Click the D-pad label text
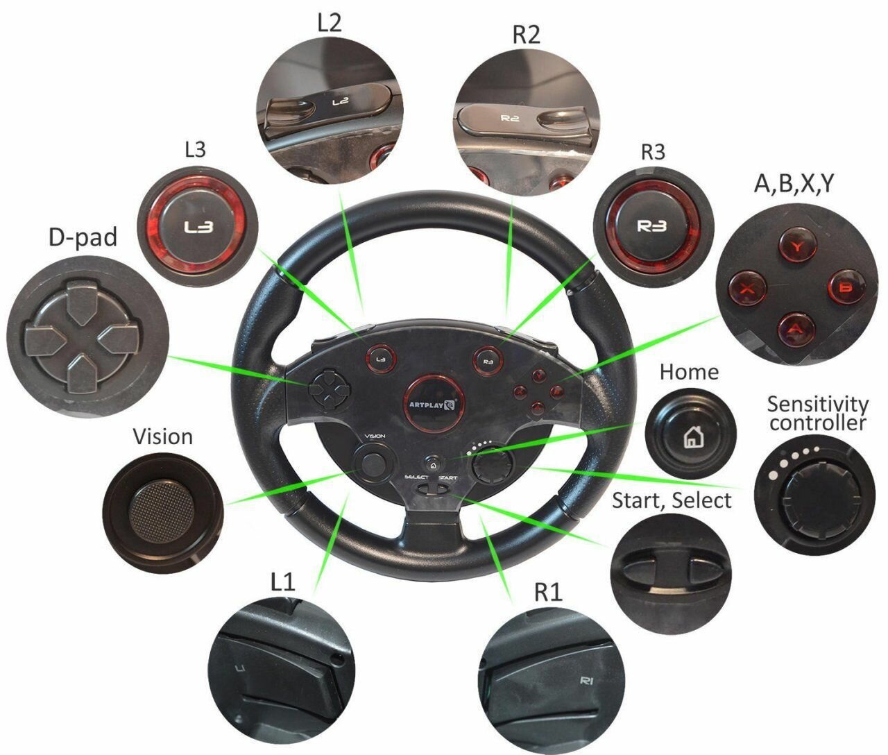(83, 237)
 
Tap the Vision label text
(162, 436)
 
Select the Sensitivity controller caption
(818, 413)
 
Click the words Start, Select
(671, 500)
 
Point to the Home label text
(688, 372)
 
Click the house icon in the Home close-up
(691, 437)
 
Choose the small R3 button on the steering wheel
(487, 360)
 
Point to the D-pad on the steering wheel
(326, 389)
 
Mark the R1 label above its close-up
(548, 592)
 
